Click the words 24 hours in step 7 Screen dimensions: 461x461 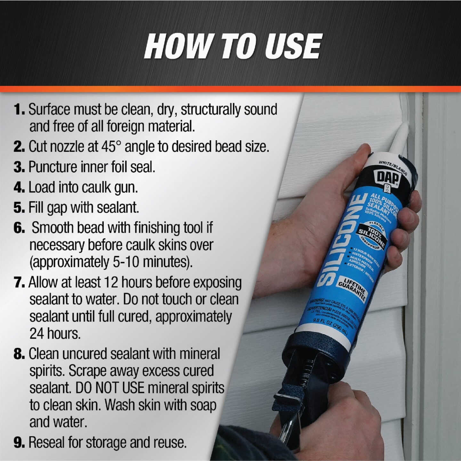click(55, 334)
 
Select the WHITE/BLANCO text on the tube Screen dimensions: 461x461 click(393, 167)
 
